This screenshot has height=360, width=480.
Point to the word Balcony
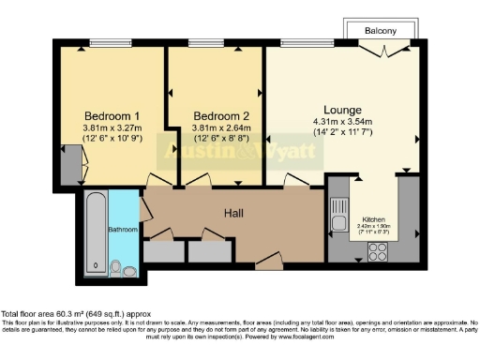point(380,31)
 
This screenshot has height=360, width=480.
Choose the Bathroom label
point(123,229)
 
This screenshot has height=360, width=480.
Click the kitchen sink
point(338,207)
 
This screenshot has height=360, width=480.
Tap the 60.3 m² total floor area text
point(74,313)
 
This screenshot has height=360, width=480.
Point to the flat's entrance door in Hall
point(267,262)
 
